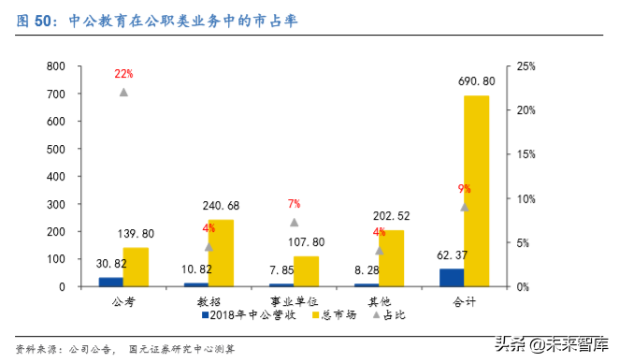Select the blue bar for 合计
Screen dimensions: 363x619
452,278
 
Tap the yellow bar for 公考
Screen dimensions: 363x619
136,267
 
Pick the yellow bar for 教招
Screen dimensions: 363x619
221,253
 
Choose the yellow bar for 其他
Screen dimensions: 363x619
391,258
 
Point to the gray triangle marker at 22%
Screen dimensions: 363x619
123,92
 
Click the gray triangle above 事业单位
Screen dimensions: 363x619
294,222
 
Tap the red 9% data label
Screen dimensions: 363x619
464,189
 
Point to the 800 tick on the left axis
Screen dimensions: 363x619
54,66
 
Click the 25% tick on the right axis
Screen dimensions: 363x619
525,66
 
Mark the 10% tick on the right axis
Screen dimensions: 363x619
525,198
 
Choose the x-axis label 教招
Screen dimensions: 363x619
209,301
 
